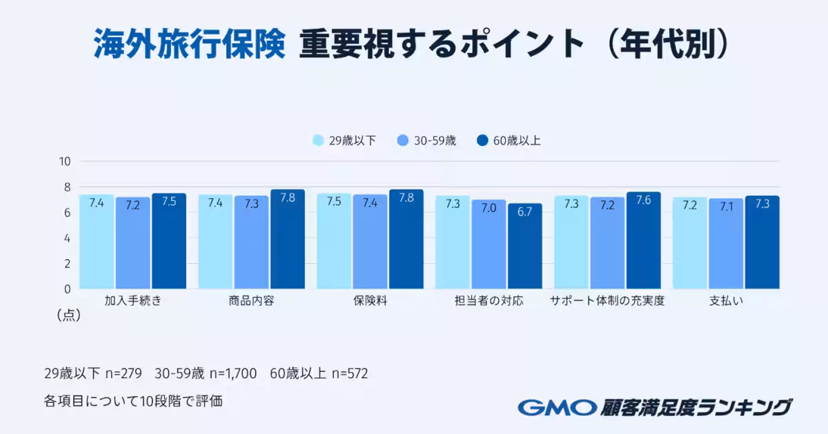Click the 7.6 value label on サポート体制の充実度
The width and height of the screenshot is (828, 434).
(644, 200)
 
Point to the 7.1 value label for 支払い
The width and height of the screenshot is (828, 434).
(727, 207)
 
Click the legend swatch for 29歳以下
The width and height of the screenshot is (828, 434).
(318, 141)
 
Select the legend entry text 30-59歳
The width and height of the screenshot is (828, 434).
(435, 141)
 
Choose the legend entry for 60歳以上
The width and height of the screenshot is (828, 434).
(517, 141)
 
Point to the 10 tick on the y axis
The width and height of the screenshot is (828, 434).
(66, 162)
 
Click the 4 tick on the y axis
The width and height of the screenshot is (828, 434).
(67, 238)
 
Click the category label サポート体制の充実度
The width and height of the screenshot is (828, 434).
(607, 301)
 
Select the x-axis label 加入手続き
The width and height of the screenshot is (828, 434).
(133, 301)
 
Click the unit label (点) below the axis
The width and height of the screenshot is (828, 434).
(68, 316)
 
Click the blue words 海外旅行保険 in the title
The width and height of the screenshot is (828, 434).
(189, 45)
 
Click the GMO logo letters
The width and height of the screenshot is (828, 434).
(558, 407)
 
